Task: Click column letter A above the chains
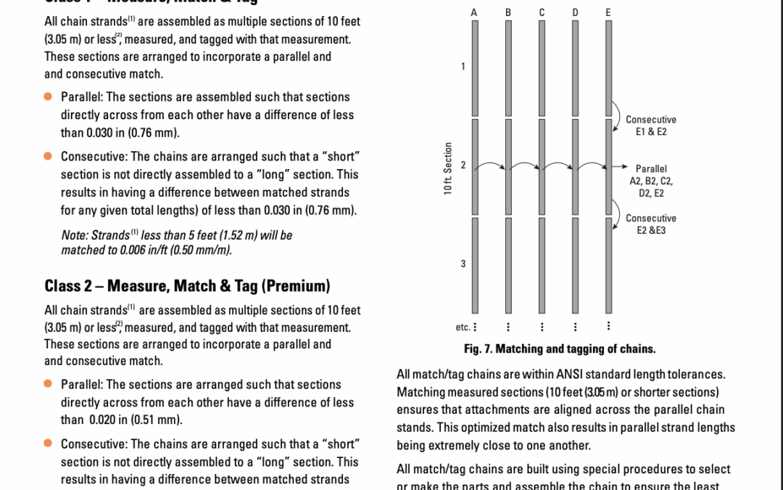point(474,12)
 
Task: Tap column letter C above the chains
point(541,12)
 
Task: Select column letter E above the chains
point(608,12)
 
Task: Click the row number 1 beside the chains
point(463,68)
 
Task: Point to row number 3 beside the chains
point(463,263)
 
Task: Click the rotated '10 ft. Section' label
point(448,168)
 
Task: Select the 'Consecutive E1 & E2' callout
point(650,125)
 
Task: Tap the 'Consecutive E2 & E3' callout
point(650,224)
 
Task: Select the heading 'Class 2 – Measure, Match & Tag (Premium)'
point(187,285)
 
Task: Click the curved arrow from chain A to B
point(492,166)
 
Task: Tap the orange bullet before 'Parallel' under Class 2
point(48,383)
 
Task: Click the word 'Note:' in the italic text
point(75,235)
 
